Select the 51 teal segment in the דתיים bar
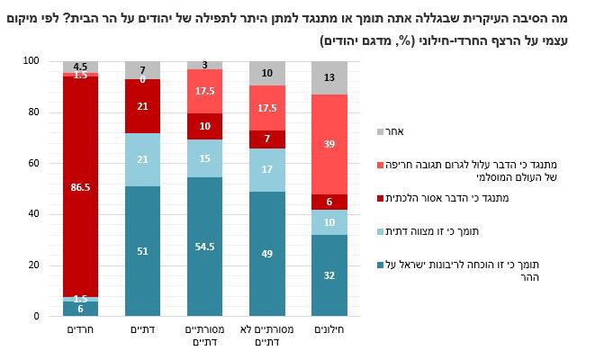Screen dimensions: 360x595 [x=142, y=251]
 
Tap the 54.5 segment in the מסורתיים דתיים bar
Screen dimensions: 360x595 [x=204, y=247]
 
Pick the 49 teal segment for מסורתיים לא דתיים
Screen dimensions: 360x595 [x=266, y=254]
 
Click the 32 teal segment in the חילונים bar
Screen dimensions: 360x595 [x=329, y=275]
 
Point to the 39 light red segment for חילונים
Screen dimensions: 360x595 [x=329, y=144]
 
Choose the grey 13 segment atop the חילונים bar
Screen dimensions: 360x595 [x=329, y=77]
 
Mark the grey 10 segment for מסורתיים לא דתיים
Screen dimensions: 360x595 [x=266, y=74]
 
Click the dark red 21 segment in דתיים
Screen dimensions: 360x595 [x=142, y=106]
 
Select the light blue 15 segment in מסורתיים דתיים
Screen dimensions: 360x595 [x=204, y=158]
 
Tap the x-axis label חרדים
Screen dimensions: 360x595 [x=80, y=329]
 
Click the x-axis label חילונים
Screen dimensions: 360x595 [x=329, y=329]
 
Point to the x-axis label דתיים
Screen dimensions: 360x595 [x=142, y=329]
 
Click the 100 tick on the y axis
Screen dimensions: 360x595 [x=34, y=61]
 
